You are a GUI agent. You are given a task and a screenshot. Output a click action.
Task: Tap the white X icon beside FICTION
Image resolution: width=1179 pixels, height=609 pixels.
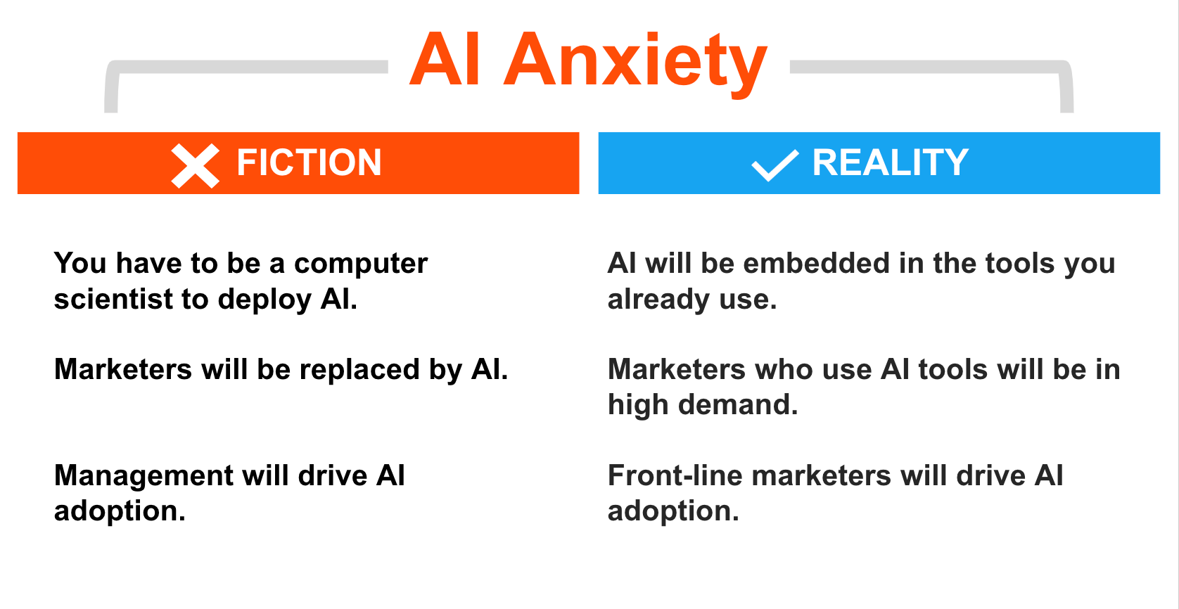coord(196,165)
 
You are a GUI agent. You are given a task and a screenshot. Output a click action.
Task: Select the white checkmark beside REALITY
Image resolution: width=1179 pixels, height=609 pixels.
coord(775,165)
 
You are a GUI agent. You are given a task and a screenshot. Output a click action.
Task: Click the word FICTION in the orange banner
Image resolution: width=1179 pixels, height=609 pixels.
coord(309,162)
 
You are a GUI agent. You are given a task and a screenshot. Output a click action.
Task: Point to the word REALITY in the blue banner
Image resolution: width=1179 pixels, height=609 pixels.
coord(890,162)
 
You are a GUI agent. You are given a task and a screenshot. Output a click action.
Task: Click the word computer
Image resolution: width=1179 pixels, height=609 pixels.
coord(361,264)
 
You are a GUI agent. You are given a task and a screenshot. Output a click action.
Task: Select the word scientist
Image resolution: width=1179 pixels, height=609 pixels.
coord(113,299)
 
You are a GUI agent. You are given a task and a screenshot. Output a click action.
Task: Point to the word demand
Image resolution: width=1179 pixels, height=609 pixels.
coord(738,405)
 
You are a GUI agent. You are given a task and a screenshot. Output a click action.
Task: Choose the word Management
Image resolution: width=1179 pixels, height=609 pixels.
coord(144,477)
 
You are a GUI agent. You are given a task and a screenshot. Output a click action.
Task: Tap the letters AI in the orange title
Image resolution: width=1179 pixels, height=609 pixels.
coord(445,58)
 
